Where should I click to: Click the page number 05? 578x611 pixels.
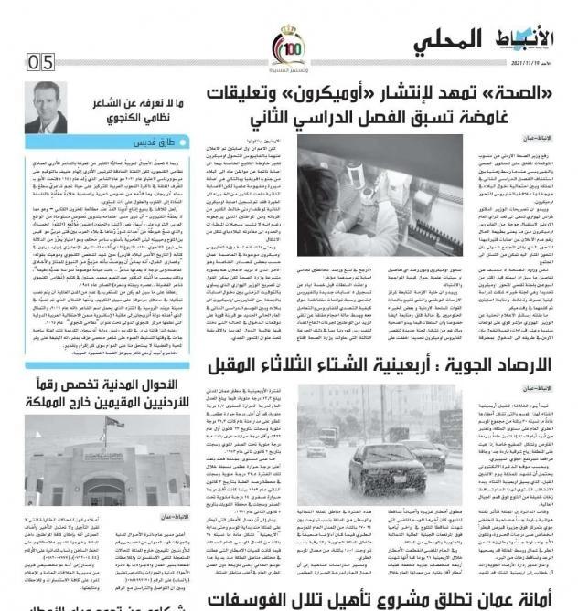(x=41, y=62)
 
